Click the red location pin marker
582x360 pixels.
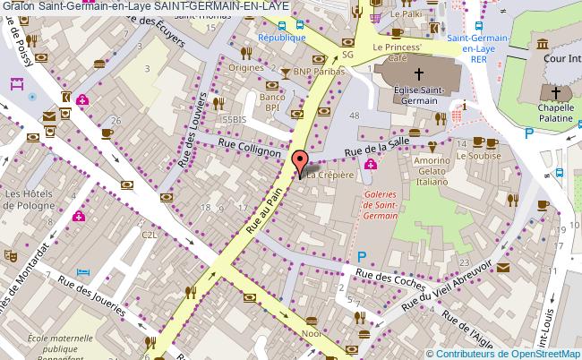301,164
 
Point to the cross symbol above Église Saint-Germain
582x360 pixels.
419,73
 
